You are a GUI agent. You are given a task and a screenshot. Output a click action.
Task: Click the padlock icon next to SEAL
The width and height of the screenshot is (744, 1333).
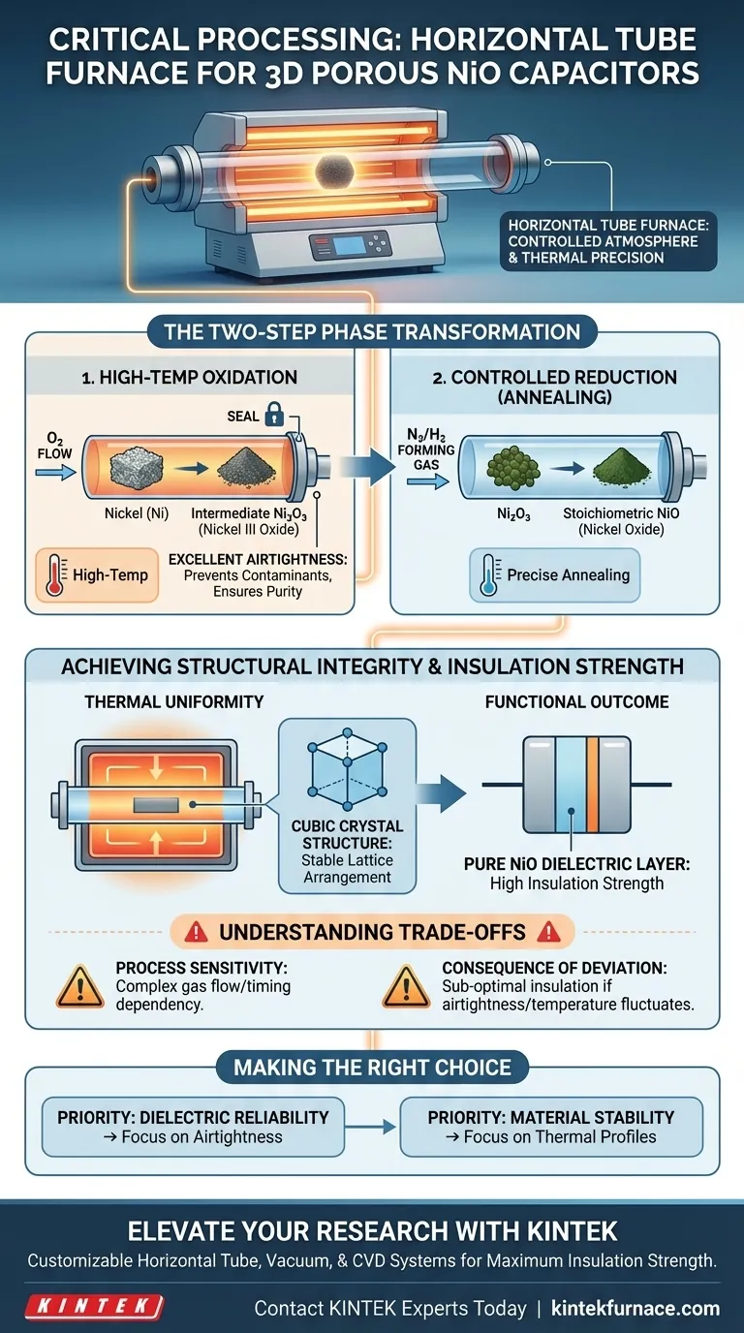[x=274, y=417]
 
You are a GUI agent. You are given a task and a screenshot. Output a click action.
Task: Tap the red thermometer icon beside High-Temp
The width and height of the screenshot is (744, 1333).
[x=55, y=574]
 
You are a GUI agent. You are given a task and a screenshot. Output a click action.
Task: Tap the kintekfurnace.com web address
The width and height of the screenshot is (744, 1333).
[x=635, y=1308]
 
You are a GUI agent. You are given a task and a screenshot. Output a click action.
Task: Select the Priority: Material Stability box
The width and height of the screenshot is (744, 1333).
[x=551, y=1128]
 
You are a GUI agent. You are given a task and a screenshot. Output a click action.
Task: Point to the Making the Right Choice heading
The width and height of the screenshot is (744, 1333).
[x=372, y=1069]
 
